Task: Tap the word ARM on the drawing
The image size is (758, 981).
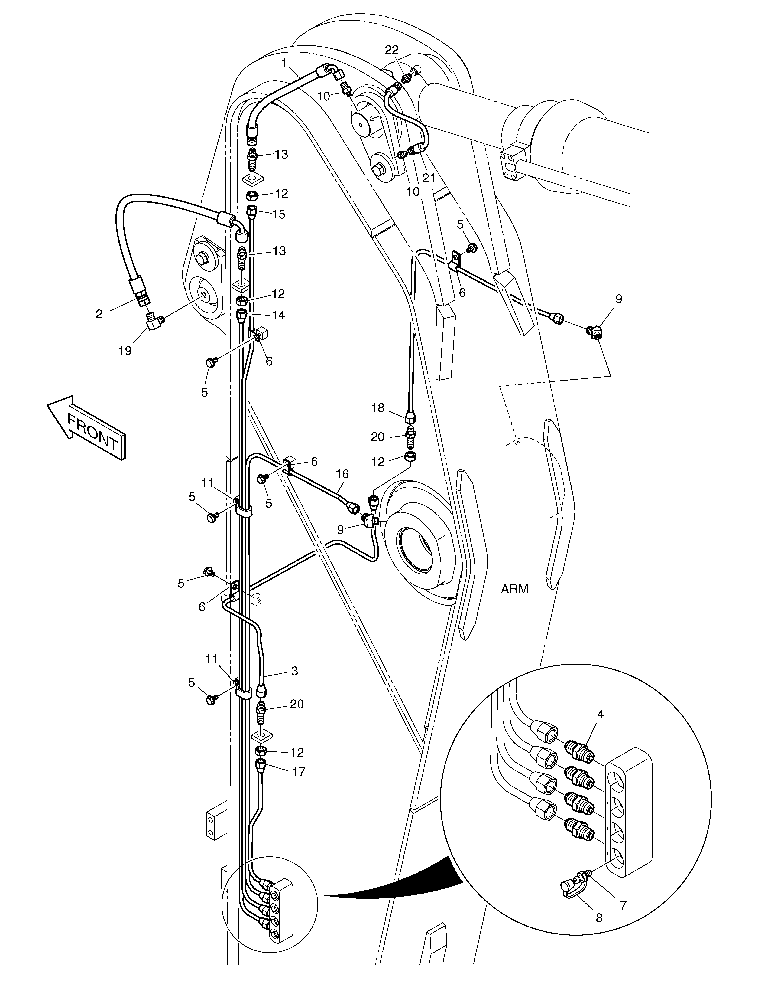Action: coord(515,589)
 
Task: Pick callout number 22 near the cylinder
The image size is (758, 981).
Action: coord(392,50)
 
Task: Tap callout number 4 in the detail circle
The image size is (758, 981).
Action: coord(600,714)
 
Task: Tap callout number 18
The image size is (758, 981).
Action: coord(378,408)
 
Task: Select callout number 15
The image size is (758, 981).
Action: coord(279,214)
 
